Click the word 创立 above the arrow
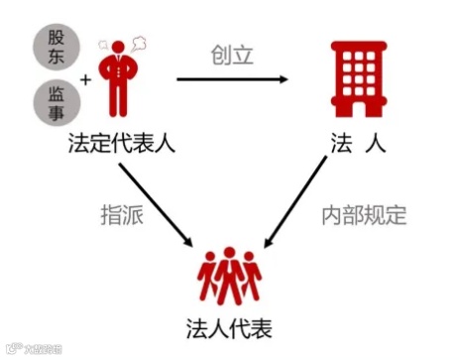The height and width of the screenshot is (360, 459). (x=234, y=55)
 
